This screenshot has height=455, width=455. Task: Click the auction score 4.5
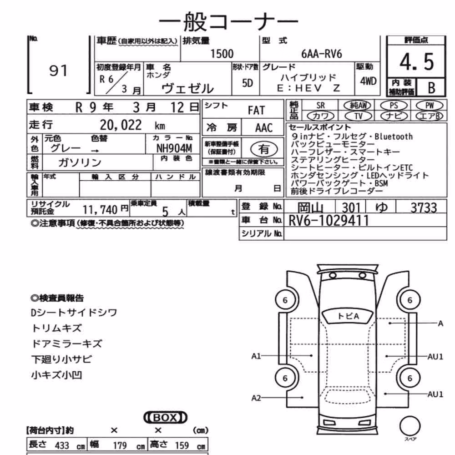(417, 62)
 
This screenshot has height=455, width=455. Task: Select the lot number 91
(58, 71)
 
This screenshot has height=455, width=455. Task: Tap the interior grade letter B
(431, 88)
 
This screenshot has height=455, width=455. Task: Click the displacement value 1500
(222, 54)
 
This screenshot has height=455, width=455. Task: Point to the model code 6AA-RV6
(322, 54)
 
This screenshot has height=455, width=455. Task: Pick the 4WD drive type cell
(368, 81)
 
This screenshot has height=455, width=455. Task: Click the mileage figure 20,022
(121, 125)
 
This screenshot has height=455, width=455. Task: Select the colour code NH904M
(174, 148)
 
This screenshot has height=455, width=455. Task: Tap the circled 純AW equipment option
(358, 105)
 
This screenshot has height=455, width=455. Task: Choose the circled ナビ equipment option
(394, 116)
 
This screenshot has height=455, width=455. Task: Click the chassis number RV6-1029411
(329, 221)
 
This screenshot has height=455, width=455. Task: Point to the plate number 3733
(424, 207)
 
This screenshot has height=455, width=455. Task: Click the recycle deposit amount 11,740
(100, 209)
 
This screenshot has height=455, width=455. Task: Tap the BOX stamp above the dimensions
(166, 417)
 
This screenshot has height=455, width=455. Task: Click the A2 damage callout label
(256, 398)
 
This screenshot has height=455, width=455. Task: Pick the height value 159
(182, 445)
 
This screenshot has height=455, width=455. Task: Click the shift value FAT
(256, 110)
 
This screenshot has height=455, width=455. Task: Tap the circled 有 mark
(264, 149)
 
